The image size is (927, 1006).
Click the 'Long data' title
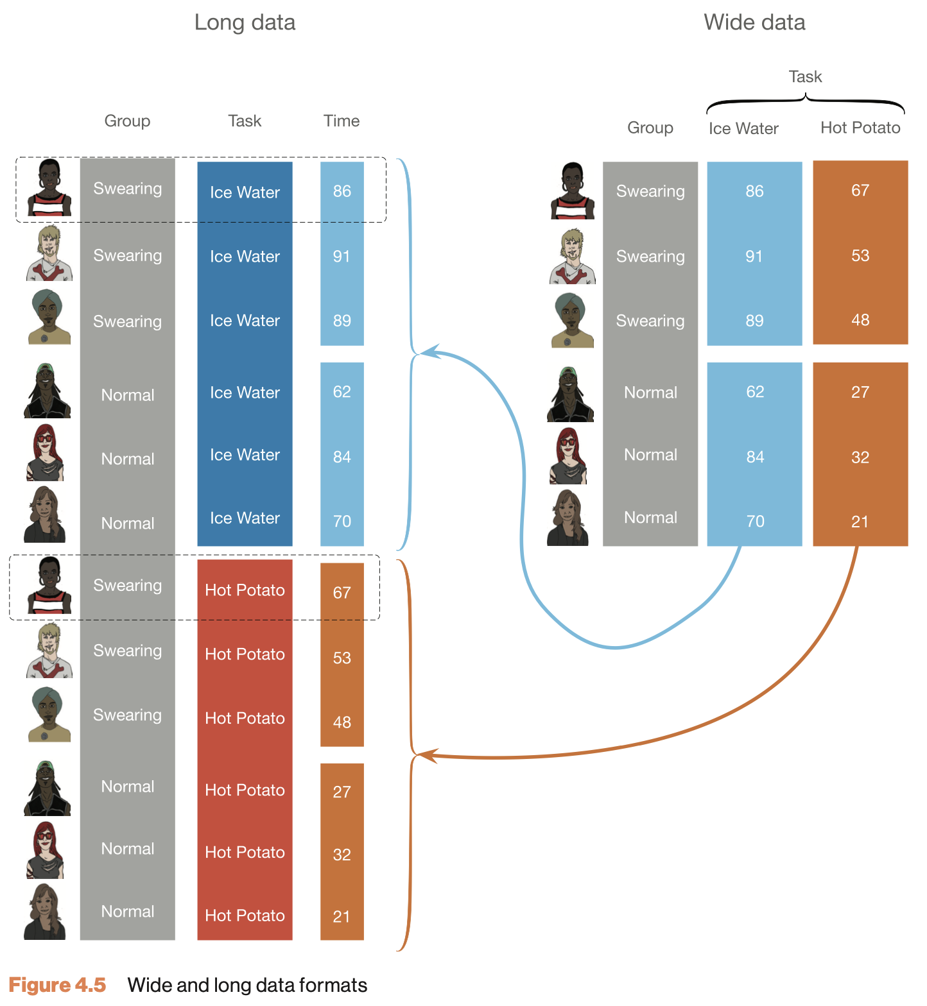click(245, 22)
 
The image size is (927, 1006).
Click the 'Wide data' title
click(754, 22)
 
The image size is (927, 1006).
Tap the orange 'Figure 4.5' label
click(57, 985)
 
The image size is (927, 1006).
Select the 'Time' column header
click(342, 121)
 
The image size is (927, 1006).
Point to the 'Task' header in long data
click(245, 121)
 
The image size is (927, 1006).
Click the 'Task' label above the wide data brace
click(805, 77)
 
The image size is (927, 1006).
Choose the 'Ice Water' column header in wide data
click(743, 128)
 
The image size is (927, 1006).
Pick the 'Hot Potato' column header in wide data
click(860, 128)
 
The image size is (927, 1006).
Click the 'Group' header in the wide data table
click(650, 128)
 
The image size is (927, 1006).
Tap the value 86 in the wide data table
click(754, 191)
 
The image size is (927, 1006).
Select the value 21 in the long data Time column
click(342, 916)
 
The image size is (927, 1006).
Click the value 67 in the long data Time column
click(342, 592)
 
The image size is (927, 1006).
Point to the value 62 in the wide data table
click(755, 391)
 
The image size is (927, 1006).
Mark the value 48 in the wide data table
click(860, 320)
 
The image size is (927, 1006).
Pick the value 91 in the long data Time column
click(342, 256)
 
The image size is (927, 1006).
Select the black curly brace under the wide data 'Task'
click(805, 101)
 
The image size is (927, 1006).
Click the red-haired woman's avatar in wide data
click(568, 456)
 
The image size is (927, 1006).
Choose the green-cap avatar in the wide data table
click(570, 394)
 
